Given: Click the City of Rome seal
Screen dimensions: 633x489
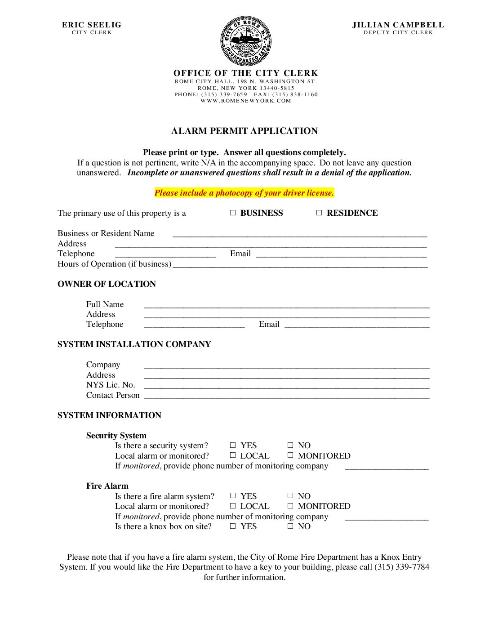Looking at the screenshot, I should [245, 41].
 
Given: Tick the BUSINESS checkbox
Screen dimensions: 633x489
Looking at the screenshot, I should [233, 213].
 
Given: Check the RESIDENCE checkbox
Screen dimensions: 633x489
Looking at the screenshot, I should [319, 213].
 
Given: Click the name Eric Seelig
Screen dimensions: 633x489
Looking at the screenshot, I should [92, 25].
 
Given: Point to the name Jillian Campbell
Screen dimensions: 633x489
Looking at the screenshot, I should [398, 25].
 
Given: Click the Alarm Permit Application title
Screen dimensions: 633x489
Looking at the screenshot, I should [244, 131].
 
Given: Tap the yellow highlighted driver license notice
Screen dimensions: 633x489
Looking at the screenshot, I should [244, 193].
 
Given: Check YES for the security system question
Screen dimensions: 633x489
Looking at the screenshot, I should [233, 445].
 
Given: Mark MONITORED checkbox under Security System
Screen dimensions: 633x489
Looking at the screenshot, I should [290, 455].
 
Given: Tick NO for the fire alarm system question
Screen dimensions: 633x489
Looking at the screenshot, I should [290, 495].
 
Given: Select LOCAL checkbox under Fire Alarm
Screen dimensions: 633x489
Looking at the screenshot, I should [233, 506].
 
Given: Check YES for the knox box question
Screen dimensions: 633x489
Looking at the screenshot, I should [233, 526].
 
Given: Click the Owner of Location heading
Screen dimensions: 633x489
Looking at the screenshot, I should [107, 284].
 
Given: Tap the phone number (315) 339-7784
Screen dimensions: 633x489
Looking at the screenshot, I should [402, 567].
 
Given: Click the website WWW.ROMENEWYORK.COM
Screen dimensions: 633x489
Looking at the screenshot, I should [246, 101].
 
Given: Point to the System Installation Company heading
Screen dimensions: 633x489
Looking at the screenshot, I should [134, 344].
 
